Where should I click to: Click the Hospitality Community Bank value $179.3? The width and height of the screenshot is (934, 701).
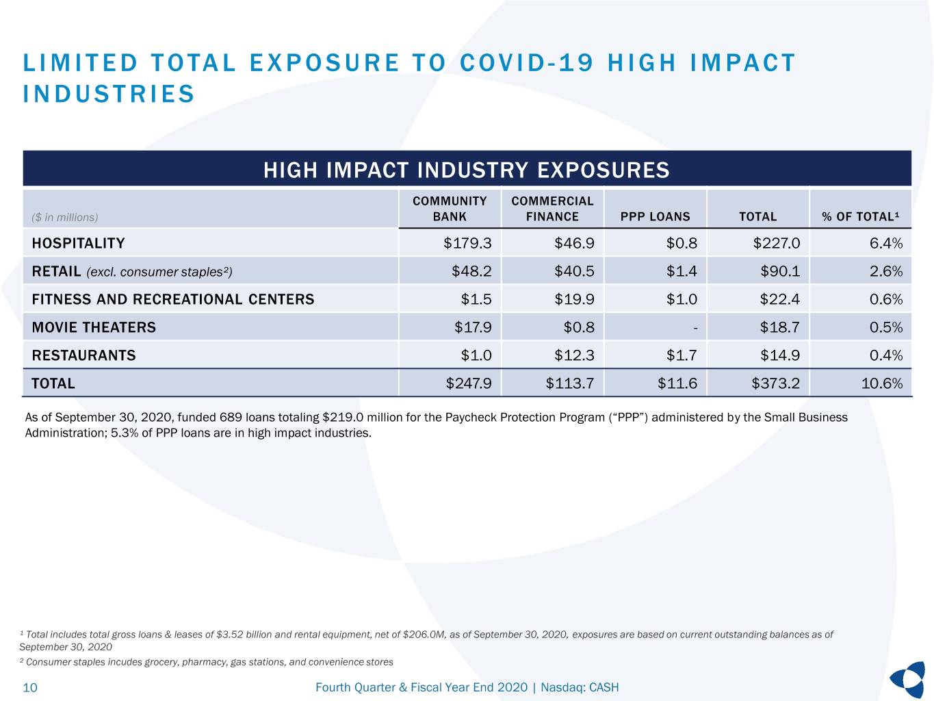[x=467, y=243]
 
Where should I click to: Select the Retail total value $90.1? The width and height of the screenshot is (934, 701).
[x=780, y=271]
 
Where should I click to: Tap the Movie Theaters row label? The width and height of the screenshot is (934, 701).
[x=94, y=327]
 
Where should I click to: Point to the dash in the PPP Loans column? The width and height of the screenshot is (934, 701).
[x=695, y=328]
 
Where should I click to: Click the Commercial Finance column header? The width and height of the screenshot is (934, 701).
[x=552, y=209]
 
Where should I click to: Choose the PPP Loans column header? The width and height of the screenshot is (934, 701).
[x=656, y=216]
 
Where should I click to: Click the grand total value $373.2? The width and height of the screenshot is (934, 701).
[x=775, y=383]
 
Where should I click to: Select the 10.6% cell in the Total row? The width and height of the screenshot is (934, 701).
[x=882, y=383]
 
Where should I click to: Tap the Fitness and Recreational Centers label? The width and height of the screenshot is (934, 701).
[x=173, y=299]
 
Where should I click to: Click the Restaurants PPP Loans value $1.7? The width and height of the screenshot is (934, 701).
[x=682, y=355]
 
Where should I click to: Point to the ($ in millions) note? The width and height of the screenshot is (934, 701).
[x=65, y=218]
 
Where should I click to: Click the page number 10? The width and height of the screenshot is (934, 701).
[x=30, y=687]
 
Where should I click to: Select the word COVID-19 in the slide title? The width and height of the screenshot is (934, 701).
[x=527, y=63]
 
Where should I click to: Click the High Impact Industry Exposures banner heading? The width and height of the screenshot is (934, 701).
[x=467, y=170]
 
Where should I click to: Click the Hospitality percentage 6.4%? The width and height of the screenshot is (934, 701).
[x=886, y=243]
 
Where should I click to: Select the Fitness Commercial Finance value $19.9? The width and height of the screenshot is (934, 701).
[x=574, y=299]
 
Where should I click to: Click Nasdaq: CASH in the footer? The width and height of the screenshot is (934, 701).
[x=580, y=687]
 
